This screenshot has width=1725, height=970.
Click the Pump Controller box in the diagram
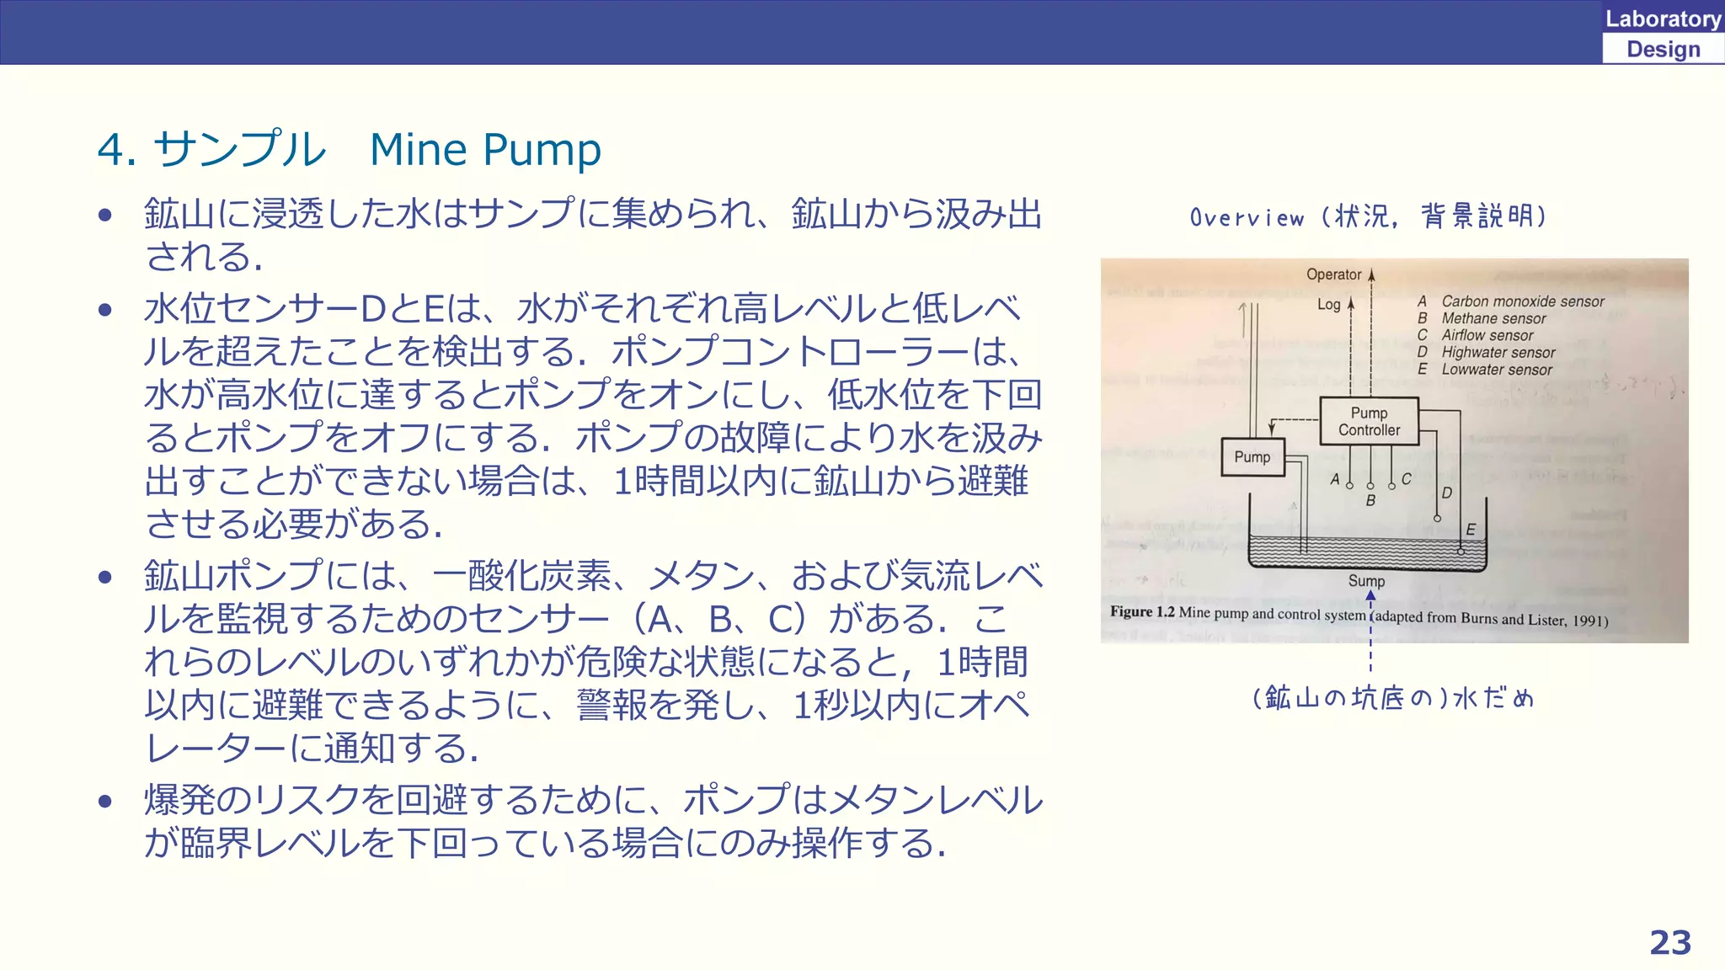1369,421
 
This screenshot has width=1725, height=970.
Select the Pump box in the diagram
1252,457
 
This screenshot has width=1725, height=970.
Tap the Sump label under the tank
1366,581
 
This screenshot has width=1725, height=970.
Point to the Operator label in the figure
1333,274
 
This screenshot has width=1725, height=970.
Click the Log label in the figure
1328,304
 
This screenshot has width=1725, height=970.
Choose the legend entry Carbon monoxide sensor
1522,301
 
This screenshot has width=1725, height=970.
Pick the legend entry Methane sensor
1493,318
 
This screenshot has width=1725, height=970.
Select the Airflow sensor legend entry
1487,335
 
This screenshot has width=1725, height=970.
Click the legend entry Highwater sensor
1498,353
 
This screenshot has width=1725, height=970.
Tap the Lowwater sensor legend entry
1496,370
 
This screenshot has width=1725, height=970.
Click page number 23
1669,942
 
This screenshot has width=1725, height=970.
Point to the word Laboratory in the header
1663,19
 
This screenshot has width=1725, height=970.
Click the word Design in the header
1663,50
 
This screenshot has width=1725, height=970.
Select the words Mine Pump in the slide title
485,150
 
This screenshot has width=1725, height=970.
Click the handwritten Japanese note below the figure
1393,698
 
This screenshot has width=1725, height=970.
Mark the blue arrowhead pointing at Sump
1370,595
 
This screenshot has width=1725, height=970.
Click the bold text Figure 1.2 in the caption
1141,611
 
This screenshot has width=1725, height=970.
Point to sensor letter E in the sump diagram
1470,530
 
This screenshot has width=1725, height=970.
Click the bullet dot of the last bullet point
105,801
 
